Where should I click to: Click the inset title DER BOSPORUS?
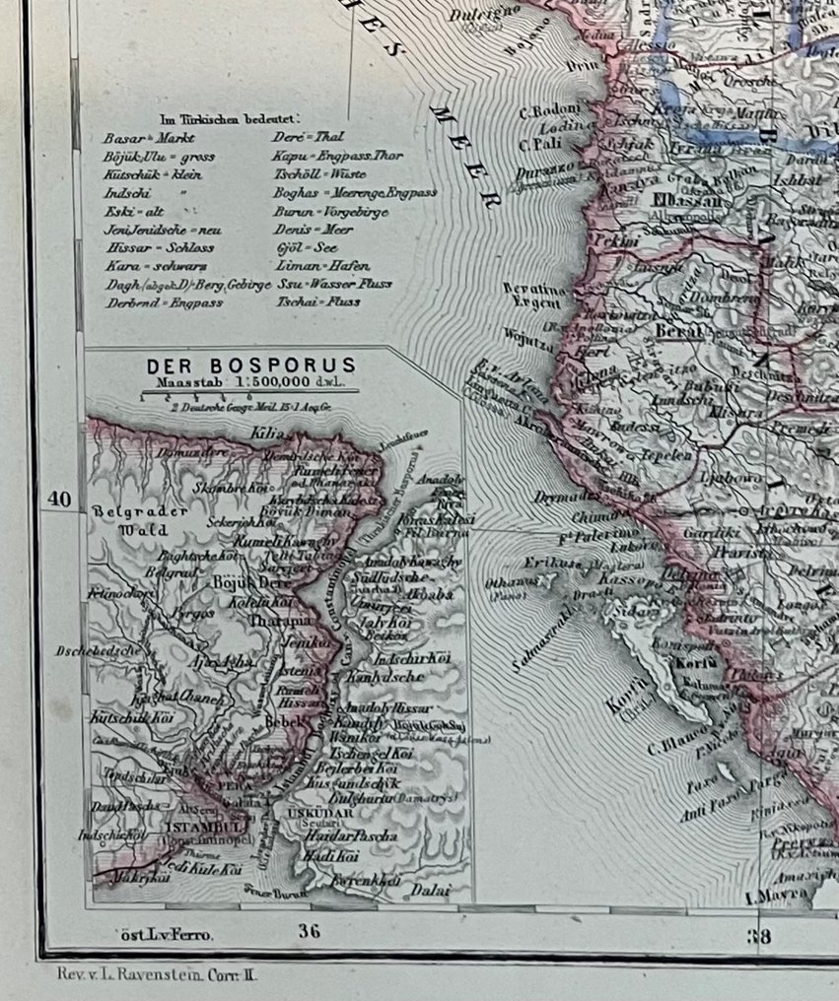[x=251, y=366]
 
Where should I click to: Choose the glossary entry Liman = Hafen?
[x=321, y=266]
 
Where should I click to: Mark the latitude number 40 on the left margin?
[x=59, y=500]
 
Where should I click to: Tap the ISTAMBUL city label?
[x=197, y=826]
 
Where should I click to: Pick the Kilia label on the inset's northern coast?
[x=267, y=434]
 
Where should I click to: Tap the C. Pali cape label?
[x=536, y=145]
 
